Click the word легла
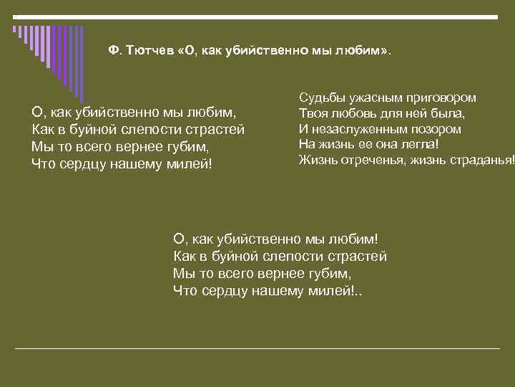(x=421, y=144)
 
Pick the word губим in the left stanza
(x=188, y=147)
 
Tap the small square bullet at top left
(x=14, y=29)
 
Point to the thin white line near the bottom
(x=257, y=348)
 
